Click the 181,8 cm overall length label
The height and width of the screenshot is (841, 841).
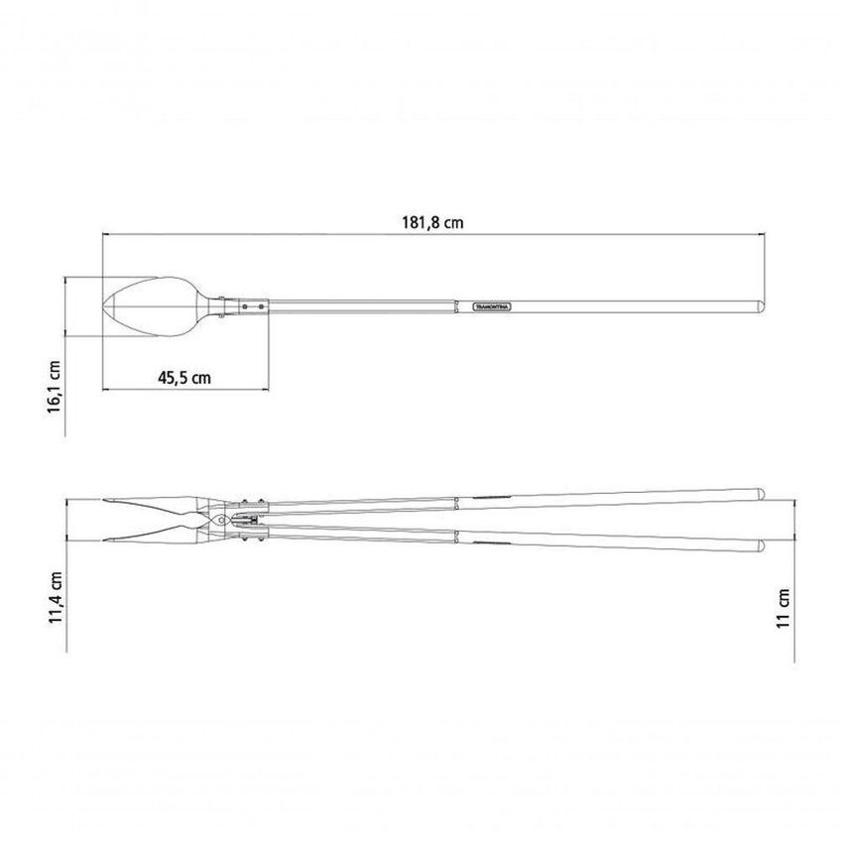coord(432,222)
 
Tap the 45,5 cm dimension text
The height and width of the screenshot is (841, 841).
coord(184,378)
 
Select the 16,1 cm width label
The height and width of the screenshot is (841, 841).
coord(55,387)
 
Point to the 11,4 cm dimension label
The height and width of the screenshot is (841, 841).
coord(56,597)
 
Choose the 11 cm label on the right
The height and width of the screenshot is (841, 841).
coord(783,608)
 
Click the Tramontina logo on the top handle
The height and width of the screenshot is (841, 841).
coord(492,306)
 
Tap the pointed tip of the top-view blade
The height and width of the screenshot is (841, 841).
coord(103,306)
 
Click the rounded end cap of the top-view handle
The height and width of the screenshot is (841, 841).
coord(761,306)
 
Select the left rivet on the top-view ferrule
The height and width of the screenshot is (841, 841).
coord(245,306)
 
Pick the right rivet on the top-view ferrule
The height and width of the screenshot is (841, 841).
coord(261,306)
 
